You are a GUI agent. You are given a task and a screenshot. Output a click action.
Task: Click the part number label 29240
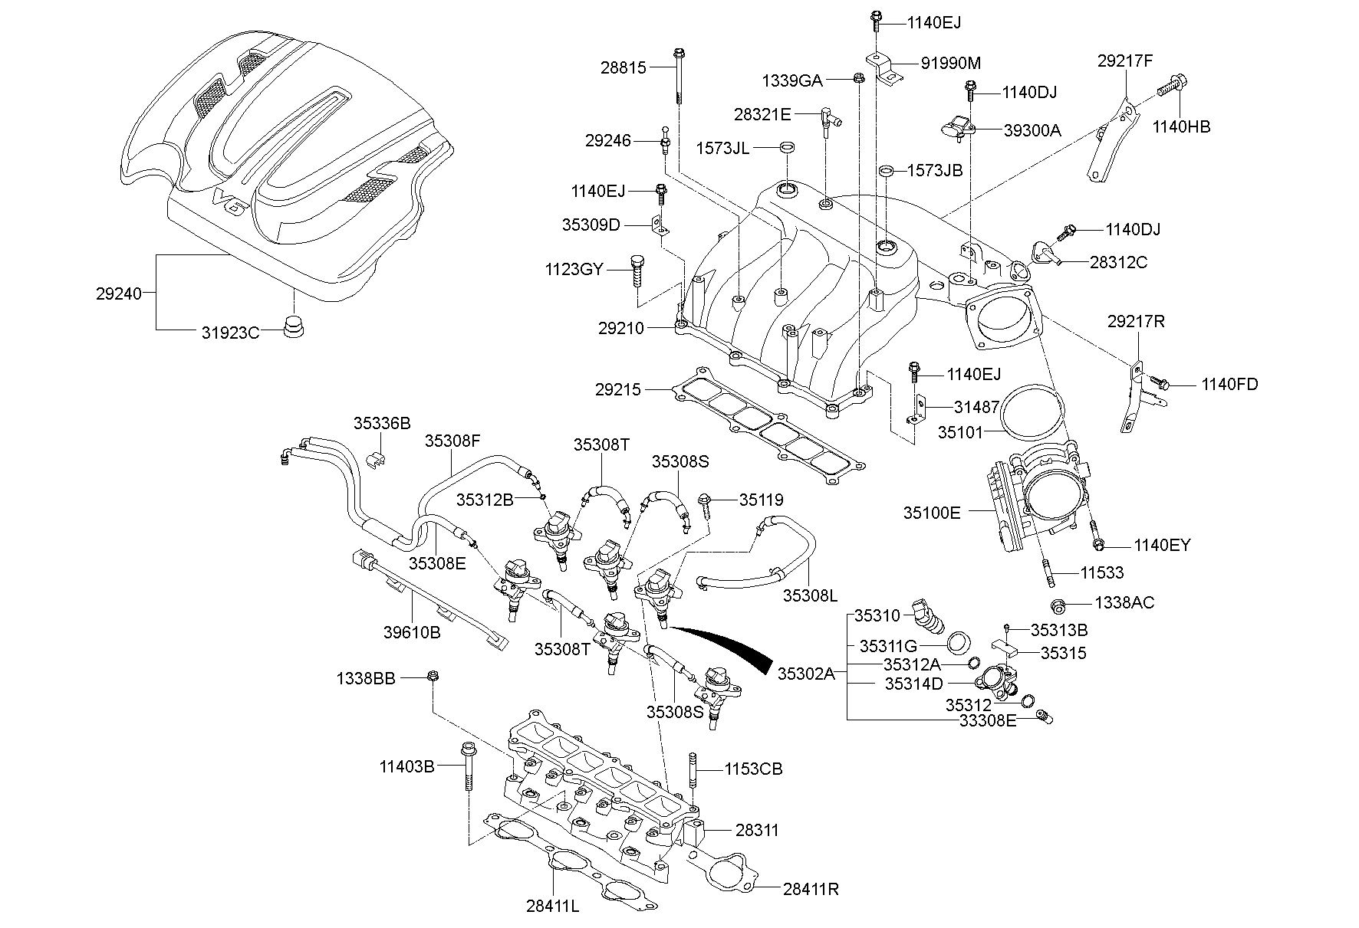pyautogui.click(x=119, y=293)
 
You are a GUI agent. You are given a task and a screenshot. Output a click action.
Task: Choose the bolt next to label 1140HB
pyautogui.click(x=1171, y=84)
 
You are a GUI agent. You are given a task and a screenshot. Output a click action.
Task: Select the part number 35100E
pyautogui.click(x=931, y=513)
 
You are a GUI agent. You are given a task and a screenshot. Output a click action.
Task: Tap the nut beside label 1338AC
pyautogui.click(x=1058, y=605)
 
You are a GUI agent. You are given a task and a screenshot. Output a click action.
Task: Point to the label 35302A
pyautogui.click(x=805, y=673)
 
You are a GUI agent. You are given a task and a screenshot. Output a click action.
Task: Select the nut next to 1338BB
pyautogui.click(x=432, y=676)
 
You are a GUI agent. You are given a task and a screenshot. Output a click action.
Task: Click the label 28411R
pyautogui.click(x=811, y=889)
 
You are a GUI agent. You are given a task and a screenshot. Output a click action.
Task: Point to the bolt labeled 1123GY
pyautogui.click(x=637, y=271)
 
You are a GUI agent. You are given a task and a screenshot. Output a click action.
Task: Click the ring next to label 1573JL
pyautogui.click(x=786, y=146)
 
